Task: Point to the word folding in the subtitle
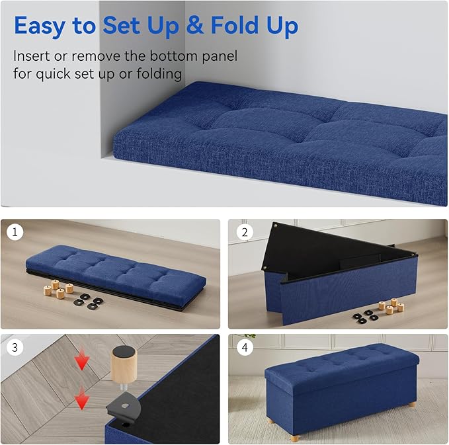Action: pyautogui.click(x=159, y=73)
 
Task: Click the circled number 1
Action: pyautogui.click(x=15, y=232)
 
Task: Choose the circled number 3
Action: pyautogui.click(x=15, y=347)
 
